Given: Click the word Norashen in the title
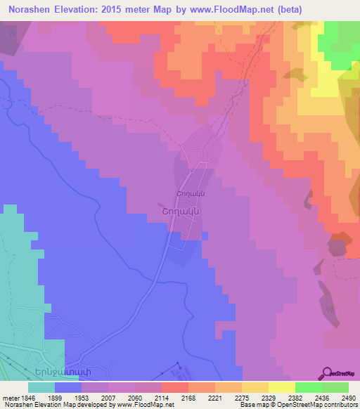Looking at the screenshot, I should (x=30, y=10).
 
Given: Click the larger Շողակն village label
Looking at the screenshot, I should (x=177, y=209).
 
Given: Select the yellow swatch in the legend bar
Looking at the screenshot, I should (x=281, y=387).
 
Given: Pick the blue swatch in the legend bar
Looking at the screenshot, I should (x=68, y=387).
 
